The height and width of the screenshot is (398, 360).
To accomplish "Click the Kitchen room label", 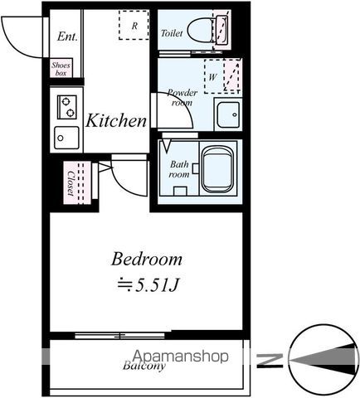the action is (x=116, y=121).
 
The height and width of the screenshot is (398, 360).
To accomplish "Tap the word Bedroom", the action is (x=147, y=260).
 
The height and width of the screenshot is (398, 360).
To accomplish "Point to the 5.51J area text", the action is (x=148, y=284).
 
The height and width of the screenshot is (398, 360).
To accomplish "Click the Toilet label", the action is (x=172, y=33).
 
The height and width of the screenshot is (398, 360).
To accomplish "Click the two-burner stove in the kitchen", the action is (x=66, y=107).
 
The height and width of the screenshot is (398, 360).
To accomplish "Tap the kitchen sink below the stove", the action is (x=66, y=138).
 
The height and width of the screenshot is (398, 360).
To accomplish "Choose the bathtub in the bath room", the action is (x=217, y=168).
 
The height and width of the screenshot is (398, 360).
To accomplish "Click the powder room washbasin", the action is (x=228, y=114).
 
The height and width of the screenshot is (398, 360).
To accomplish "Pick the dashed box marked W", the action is (x=222, y=76).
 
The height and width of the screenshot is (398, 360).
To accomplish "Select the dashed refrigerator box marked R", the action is (x=134, y=25).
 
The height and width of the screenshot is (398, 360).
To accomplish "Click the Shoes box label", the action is (x=61, y=69).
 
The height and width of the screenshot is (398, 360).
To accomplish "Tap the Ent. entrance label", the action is (x=67, y=36).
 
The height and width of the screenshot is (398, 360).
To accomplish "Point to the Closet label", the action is (x=71, y=183).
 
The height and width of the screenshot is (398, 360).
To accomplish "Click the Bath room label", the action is (x=179, y=169).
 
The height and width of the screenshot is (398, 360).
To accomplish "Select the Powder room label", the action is (x=182, y=97).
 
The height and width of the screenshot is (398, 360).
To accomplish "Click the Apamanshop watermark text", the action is (x=180, y=357).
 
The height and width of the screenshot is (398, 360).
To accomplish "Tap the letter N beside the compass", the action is (x=270, y=360).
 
